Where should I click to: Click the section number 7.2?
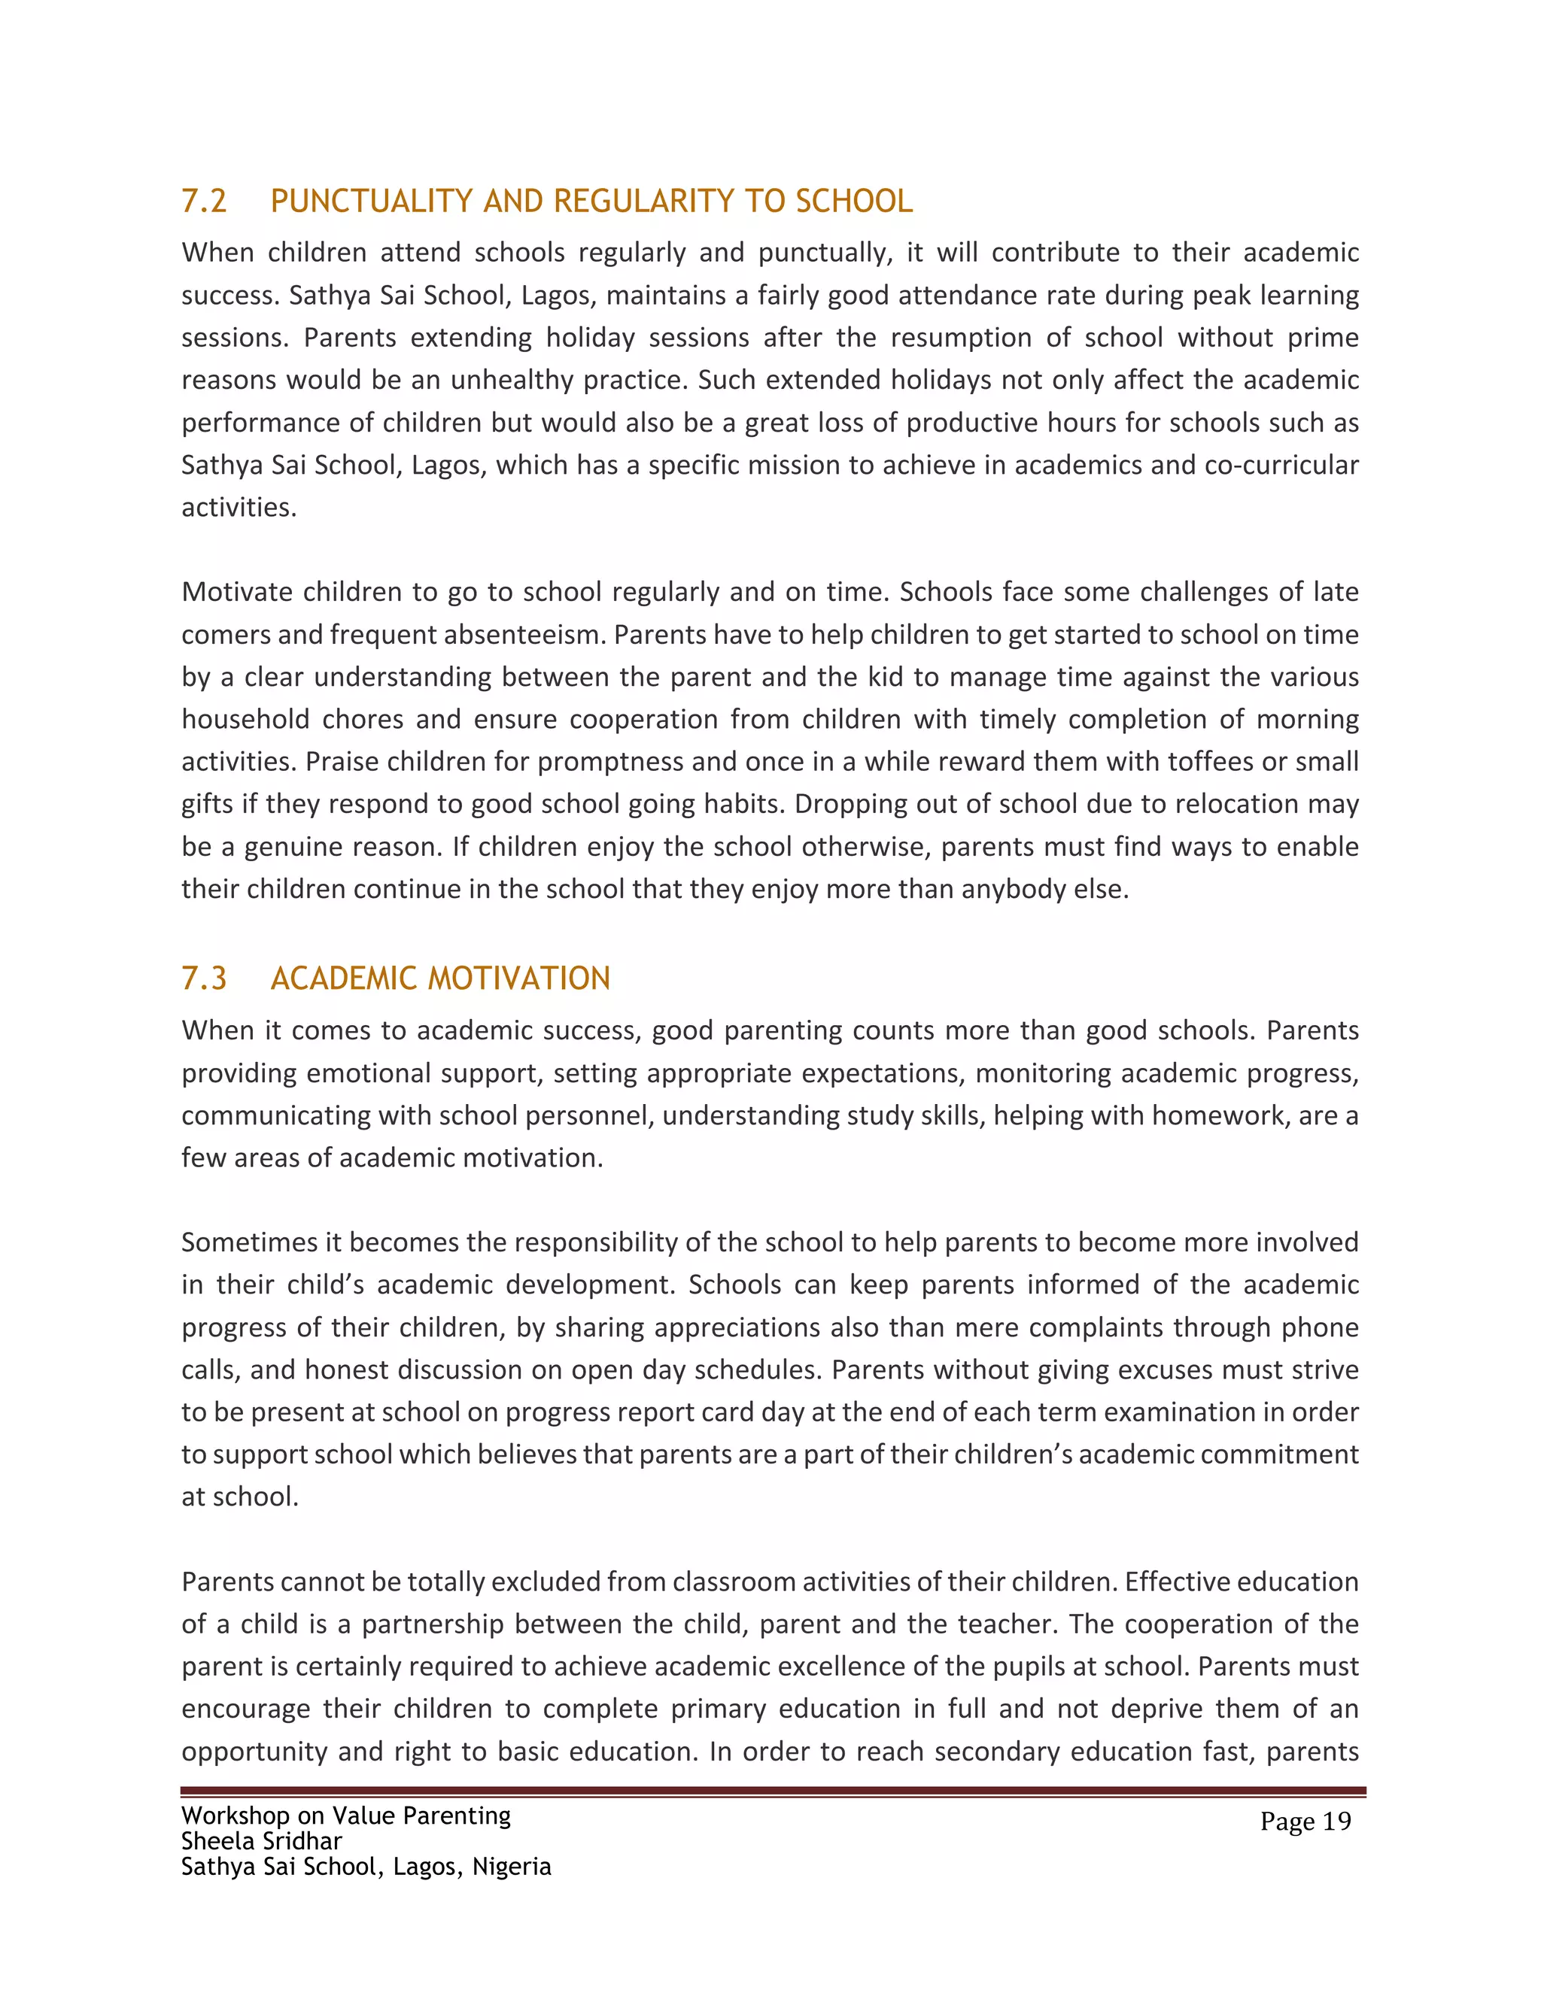[x=204, y=201]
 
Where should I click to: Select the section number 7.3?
[x=204, y=978]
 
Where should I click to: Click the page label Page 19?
[x=1305, y=1822]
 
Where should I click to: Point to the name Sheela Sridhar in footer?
[x=261, y=1840]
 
